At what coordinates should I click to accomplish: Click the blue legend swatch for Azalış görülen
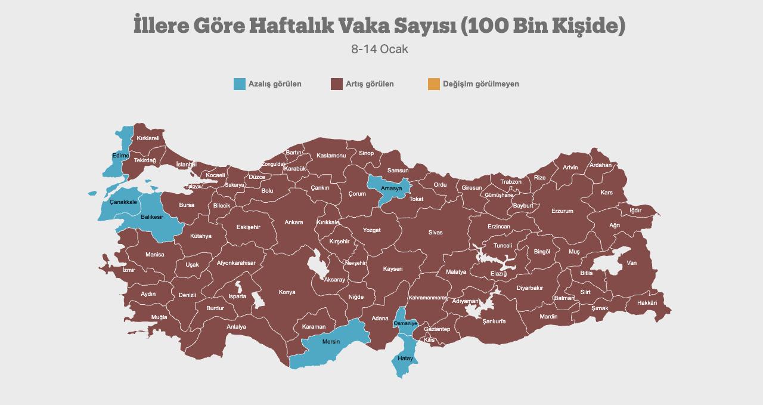click(x=239, y=84)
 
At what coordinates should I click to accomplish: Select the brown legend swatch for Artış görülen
click(x=336, y=84)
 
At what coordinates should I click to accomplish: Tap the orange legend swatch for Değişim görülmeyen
click(x=433, y=84)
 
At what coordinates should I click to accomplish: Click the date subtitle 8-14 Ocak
click(x=380, y=49)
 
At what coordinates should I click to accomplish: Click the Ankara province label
click(x=293, y=222)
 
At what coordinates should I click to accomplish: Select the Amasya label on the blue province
click(x=392, y=188)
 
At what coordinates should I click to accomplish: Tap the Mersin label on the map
click(x=331, y=342)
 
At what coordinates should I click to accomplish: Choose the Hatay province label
click(x=405, y=358)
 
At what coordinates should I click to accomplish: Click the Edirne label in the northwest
click(x=120, y=156)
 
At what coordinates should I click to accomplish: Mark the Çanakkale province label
click(x=123, y=202)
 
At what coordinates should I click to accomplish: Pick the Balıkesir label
click(x=152, y=217)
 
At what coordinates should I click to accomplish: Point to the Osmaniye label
click(x=406, y=323)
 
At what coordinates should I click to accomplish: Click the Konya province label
click(x=287, y=292)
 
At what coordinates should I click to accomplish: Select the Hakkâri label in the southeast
click(x=647, y=303)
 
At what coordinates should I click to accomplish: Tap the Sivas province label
click(x=435, y=233)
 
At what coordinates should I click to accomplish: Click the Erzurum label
click(x=562, y=211)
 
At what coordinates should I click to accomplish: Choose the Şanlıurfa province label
click(x=494, y=321)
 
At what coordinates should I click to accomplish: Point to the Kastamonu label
click(x=331, y=156)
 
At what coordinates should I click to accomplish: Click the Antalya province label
click(x=236, y=327)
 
